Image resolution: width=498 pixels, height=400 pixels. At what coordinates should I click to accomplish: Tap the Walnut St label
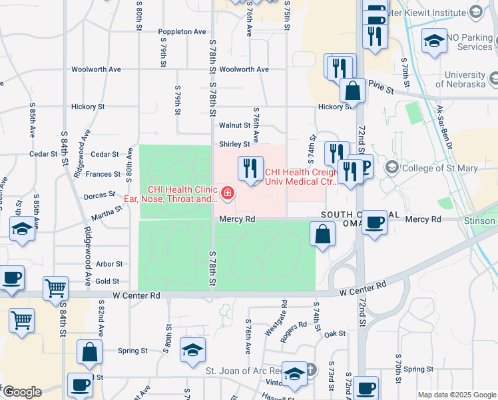[234, 125]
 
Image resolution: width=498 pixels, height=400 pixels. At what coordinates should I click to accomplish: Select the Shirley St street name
[234, 144]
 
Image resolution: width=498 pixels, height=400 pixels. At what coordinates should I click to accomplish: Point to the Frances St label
[99, 174]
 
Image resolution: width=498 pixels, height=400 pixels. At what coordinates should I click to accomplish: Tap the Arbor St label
[109, 264]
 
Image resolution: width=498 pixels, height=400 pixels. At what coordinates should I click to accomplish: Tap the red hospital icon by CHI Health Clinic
[228, 193]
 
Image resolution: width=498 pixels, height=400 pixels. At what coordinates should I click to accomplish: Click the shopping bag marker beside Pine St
[352, 91]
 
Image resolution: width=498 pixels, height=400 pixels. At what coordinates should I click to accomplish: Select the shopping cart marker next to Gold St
[56, 288]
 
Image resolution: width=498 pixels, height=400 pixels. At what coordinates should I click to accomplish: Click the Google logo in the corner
[21, 392]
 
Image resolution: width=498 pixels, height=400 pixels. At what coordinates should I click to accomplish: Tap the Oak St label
[336, 333]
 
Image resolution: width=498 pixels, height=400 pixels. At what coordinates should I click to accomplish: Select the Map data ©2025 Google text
[456, 395]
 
